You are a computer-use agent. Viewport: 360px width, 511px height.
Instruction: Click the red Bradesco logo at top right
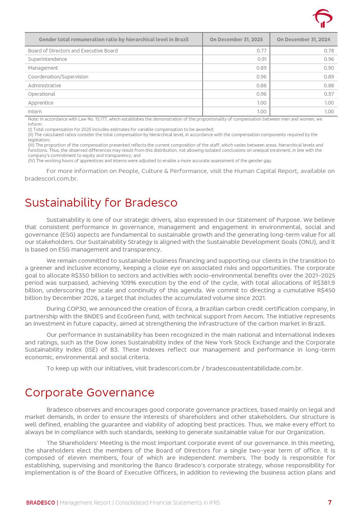click(x=322, y=18)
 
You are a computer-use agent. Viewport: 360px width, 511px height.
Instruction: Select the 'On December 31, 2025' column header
click(x=236, y=40)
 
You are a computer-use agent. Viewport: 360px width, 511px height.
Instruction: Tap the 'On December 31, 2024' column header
click(x=304, y=40)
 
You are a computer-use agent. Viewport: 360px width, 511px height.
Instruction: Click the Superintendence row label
click(x=48, y=59)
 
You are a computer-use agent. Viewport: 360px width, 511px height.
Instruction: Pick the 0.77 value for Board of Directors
click(x=261, y=51)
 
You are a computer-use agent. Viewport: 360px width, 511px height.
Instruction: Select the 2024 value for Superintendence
click(x=329, y=59)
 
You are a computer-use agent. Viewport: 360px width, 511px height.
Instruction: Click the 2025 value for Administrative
click(x=261, y=86)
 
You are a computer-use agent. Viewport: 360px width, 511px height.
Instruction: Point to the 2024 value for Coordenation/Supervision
click(x=329, y=77)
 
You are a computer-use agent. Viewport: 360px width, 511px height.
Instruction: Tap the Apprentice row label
click(x=40, y=103)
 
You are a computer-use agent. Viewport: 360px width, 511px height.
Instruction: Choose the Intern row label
click(x=35, y=112)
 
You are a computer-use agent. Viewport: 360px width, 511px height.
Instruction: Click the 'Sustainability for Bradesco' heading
click(x=101, y=203)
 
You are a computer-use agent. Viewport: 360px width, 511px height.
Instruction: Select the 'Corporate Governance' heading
click(x=89, y=392)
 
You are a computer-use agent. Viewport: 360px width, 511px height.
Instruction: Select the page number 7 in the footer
click(x=330, y=503)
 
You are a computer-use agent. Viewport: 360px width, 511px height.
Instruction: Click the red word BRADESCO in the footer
click(x=40, y=503)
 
